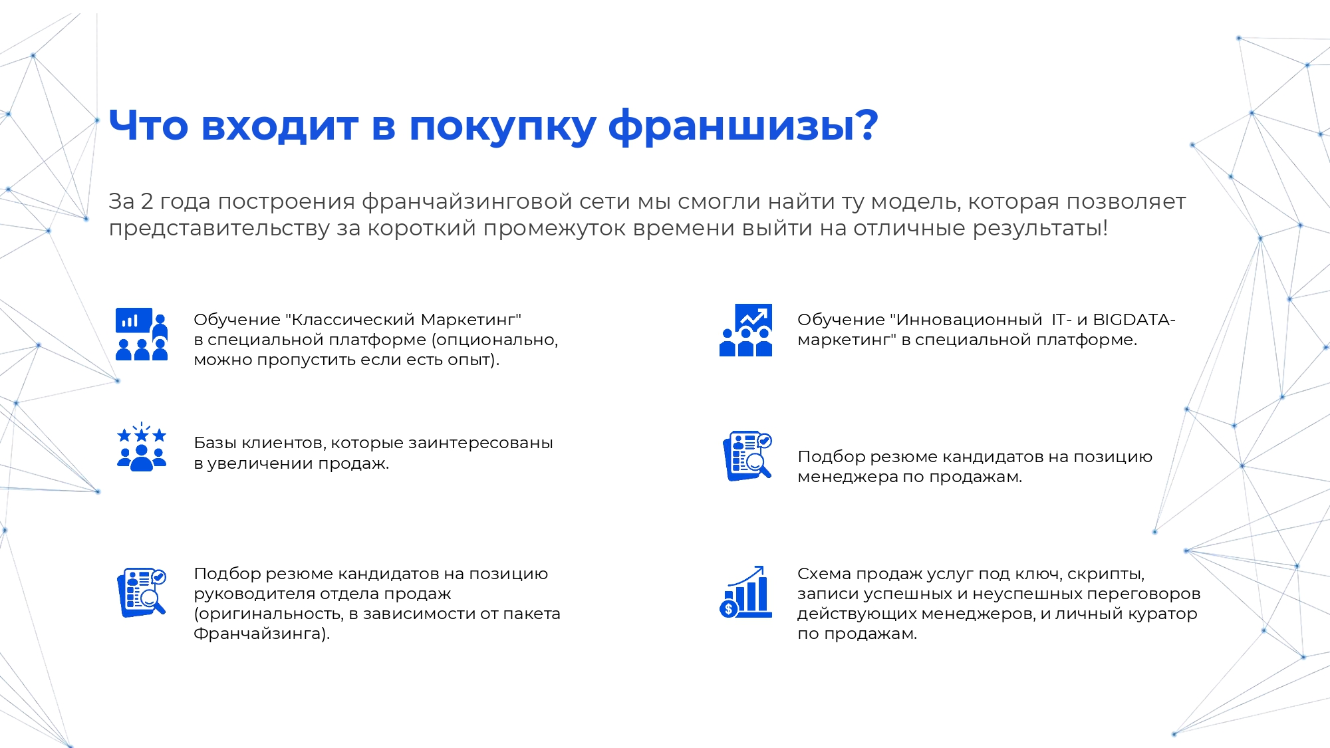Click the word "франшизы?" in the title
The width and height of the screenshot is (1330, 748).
pyautogui.click(x=743, y=126)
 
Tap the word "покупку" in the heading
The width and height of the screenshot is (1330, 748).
pyautogui.click(x=502, y=126)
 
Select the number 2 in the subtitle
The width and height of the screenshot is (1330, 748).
pyautogui.click(x=147, y=201)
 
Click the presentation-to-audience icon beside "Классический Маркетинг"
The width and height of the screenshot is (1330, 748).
pyautogui.click(x=142, y=334)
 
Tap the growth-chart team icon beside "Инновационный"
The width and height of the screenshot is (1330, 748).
pyautogui.click(x=746, y=330)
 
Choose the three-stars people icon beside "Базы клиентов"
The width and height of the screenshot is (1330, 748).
pyautogui.click(x=142, y=447)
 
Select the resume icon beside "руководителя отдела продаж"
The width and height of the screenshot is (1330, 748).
pyautogui.click(x=142, y=592)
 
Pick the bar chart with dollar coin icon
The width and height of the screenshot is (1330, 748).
pyautogui.click(x=746, y=592)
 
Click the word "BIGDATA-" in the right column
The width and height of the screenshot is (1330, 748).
pyautogui.click(x=1134, y=320)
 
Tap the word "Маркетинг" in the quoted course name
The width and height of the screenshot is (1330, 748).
pyautogui.click(x=471, y=320)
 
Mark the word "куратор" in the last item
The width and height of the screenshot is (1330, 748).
pyautogui.click(x=1167, y=614)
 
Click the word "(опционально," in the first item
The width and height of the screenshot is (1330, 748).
pyautogui.click(x=495, y=340)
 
